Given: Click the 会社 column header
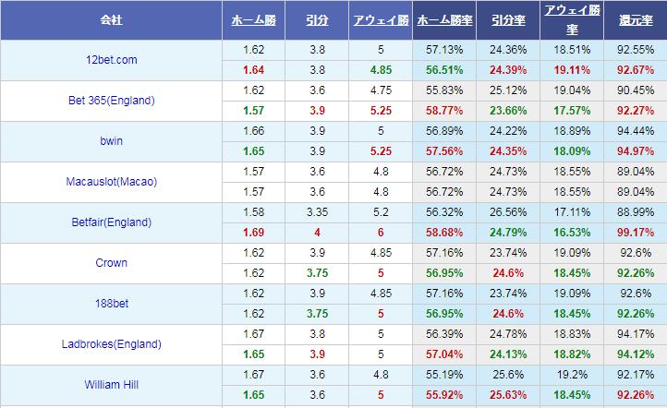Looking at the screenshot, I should coord(111,19).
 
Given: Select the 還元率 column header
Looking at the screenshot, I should coord(635,19).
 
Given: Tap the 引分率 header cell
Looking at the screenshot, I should coord(507,19).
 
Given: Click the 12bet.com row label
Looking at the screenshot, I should coord(111,60).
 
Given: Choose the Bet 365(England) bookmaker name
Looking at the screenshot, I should coord(111,101).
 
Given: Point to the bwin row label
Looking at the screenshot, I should coord(111,141).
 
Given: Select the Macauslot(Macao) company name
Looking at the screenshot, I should coord(111,182).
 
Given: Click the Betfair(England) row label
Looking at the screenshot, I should coord(111,222).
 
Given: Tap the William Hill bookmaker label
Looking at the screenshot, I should coord(111,385).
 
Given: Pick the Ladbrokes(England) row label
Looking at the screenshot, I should coord(111,344).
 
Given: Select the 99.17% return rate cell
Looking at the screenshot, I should coord(635,231).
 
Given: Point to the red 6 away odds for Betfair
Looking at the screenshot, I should coord(380,231).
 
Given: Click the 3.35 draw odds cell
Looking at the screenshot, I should coord(317,212).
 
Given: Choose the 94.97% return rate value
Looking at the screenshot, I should coord(635,150).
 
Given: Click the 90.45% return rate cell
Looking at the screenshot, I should coord(635,90).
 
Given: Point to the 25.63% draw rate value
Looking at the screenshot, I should coord(507,394).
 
